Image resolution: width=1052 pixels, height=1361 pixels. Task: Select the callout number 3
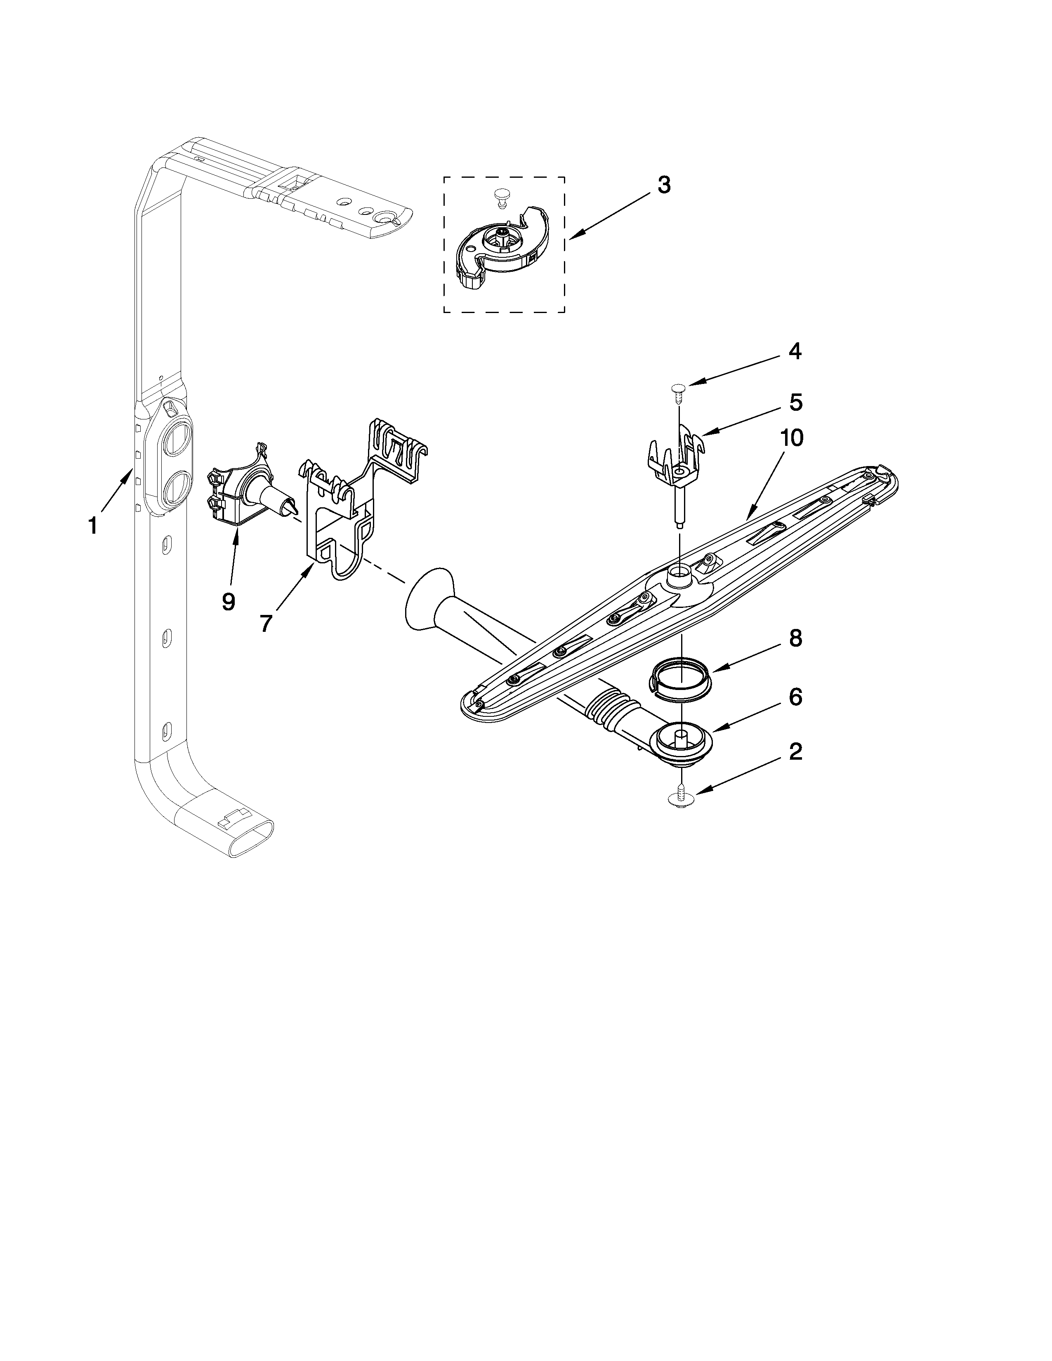[x=664, y=185]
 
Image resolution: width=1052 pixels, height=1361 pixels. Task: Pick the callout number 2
[x=795, y=752]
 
